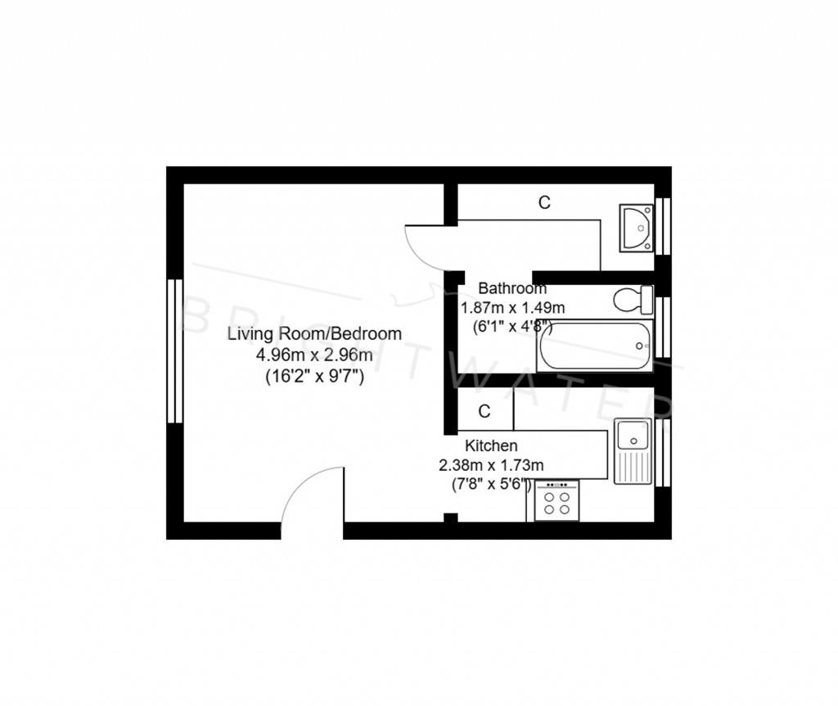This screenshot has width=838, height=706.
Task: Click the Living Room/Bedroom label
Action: [314, 334]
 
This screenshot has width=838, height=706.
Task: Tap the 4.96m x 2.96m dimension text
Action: [314, 355]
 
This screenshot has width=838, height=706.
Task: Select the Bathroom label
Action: [512, 288]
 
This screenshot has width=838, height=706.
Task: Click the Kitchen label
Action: [491, 446]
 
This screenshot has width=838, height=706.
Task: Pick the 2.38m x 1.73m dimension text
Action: [491, 465]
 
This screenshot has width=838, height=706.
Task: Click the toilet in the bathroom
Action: [633, 300]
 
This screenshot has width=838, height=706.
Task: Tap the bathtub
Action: [595, 346]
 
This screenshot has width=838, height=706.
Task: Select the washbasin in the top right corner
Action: [636, 227]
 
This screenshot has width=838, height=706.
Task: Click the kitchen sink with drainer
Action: [633, 451]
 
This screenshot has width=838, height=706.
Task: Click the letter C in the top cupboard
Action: [543, 202]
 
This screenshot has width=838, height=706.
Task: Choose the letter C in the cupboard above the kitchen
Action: [484, 411]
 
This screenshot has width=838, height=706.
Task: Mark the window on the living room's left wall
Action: [173, 351]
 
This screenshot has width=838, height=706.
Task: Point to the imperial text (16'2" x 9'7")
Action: [314, 378]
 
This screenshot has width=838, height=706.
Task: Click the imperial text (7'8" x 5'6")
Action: [492, 484]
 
